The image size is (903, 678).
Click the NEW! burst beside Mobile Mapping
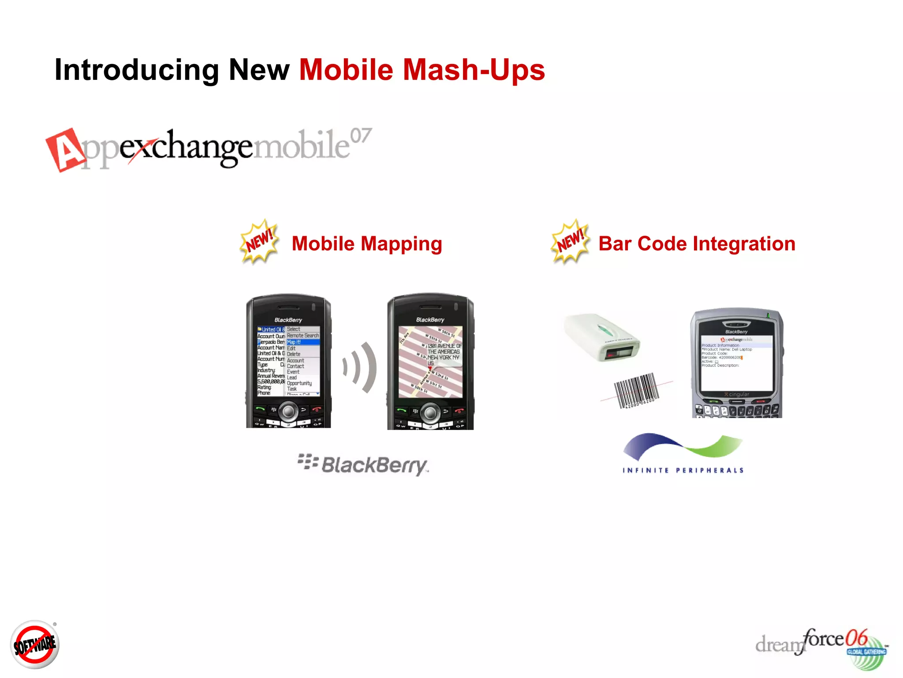click(260, 241)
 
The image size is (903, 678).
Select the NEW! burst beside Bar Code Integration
click(571, 242)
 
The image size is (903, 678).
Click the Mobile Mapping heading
click(367, 244)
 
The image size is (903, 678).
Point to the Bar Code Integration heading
click(697, 244)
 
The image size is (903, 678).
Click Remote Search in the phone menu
click(302, 336)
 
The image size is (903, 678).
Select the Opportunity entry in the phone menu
click(299, 383)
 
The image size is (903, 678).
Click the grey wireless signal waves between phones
click(361, 367)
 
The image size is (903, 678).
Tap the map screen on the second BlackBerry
click(430, 362)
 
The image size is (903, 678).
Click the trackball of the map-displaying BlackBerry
click(430, 412)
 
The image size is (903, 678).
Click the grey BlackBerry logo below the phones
click(363, 465)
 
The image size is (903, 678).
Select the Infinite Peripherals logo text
click(683, 471)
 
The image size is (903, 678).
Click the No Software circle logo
click(35, 645)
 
